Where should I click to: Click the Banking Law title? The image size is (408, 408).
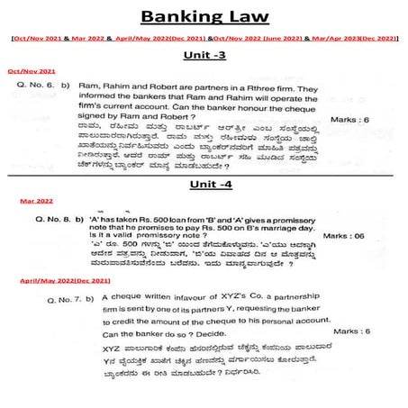pos(204,17)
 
